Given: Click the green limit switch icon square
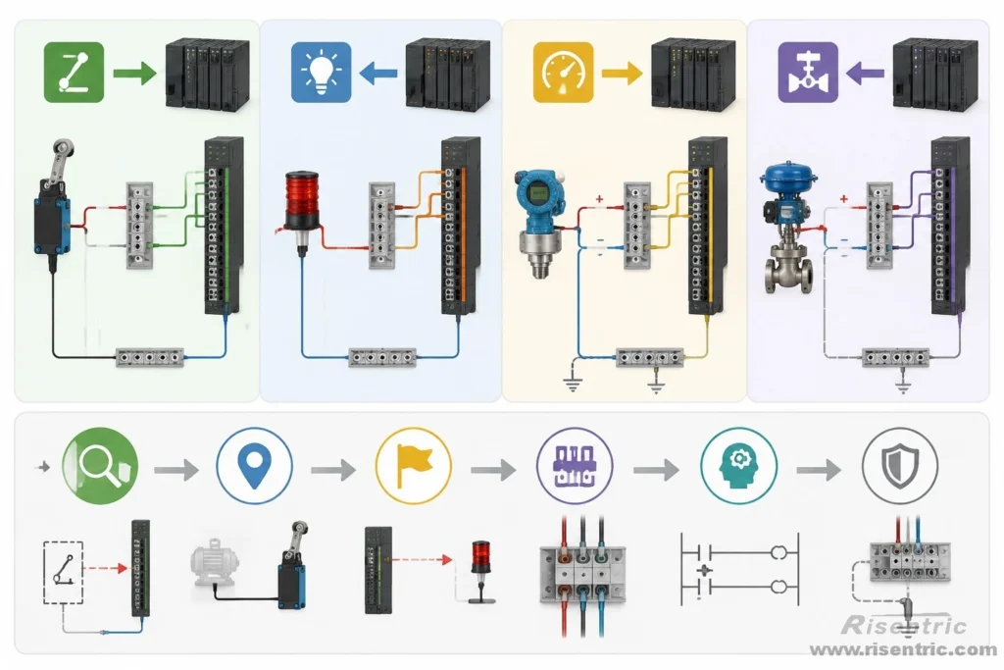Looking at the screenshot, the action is click(x=74, y=73).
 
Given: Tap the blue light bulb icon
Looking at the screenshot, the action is click(x=321, y=73).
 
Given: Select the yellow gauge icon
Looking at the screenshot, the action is click(x=564, y=73).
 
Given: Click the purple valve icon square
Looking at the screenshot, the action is click(x=808, y=73).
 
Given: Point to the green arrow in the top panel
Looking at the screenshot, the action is click(x=134, y=73).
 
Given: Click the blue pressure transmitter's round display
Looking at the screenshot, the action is click(x=538, y=191).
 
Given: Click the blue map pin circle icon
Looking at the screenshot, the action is click(x=254, y=466).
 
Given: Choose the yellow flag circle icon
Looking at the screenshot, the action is click(x=414, y=466).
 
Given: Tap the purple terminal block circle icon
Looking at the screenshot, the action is click(x=575, y=466).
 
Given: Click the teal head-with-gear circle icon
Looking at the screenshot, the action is click(x=739, y=466).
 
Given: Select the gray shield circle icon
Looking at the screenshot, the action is click(x=900, y=466).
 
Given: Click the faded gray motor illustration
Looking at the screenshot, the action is click(x=215, y=562).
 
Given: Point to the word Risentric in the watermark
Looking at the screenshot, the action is click(x=904, y=625).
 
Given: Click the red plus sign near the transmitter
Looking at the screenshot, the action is click(x=599, y=199).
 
